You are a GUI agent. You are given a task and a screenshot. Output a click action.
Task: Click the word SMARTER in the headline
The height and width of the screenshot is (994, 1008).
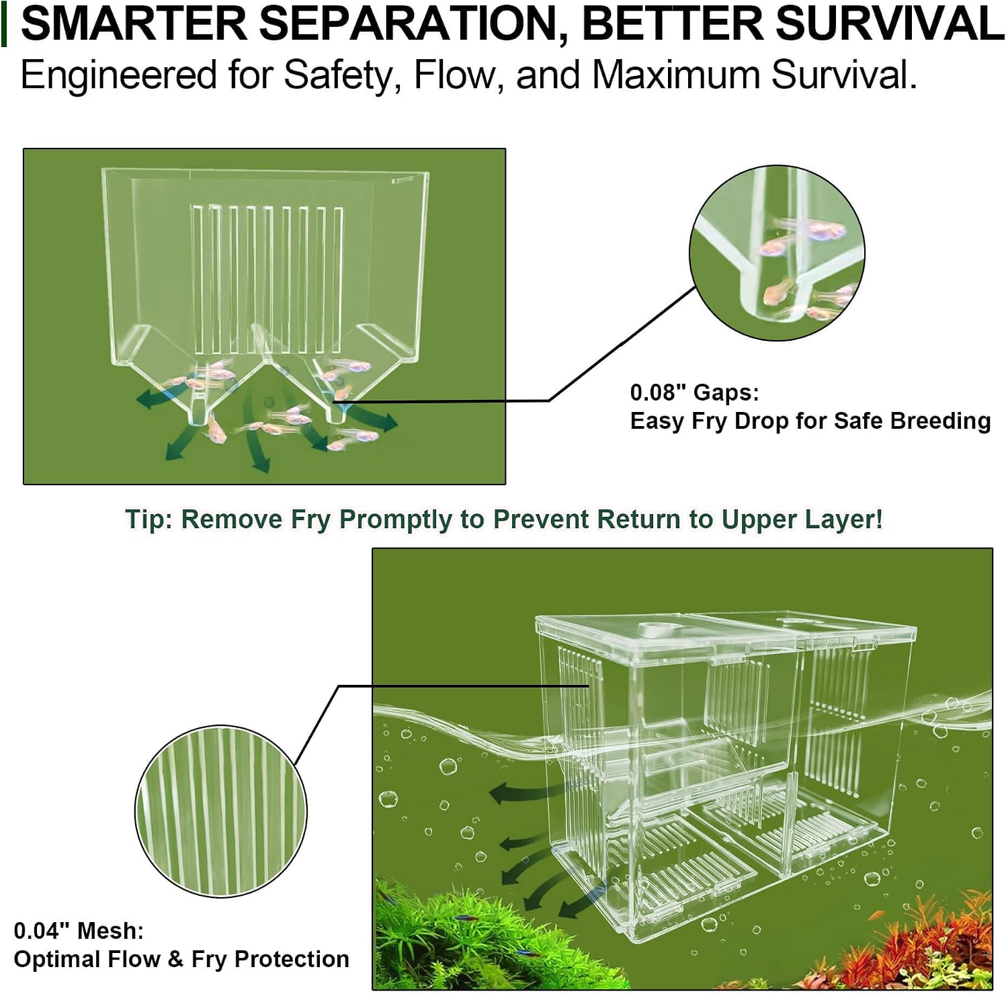point(134,23)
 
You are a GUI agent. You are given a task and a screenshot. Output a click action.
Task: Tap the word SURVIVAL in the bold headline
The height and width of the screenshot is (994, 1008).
point(890,23)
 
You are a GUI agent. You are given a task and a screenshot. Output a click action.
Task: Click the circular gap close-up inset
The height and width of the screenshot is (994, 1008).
point(777,253)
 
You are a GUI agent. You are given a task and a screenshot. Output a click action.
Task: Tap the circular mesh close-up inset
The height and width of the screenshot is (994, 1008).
point(221,811)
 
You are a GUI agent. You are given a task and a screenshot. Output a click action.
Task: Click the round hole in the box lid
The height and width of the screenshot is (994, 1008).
point(649,630)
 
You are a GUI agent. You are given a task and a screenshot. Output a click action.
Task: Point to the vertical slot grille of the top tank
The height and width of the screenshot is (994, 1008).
point(267,280)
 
